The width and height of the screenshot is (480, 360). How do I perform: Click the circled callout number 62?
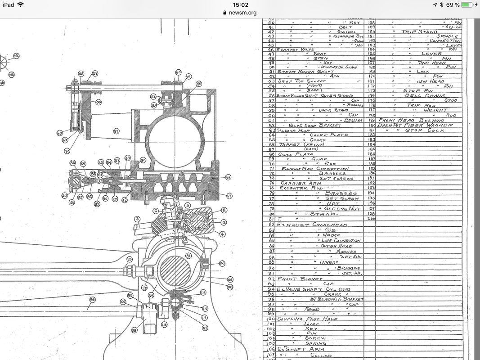point(116,131)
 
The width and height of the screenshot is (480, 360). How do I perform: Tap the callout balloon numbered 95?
point(92,299)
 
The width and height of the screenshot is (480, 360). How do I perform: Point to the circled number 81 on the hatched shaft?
point(189,256)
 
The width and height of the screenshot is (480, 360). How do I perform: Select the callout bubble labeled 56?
point(99,102)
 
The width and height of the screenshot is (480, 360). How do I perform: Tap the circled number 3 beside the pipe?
point(137,219)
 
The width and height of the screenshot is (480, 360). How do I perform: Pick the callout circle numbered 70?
point(67,151)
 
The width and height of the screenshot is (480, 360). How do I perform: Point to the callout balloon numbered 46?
point(228,177)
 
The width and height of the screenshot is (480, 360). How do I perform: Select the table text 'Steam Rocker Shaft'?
point(299,72)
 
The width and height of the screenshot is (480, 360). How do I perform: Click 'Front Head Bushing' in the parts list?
point(405,120)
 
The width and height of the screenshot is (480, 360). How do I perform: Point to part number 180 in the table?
point(371,125)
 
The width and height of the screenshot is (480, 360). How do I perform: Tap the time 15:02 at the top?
point(240,4)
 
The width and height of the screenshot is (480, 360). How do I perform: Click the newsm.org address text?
point(242,13)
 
